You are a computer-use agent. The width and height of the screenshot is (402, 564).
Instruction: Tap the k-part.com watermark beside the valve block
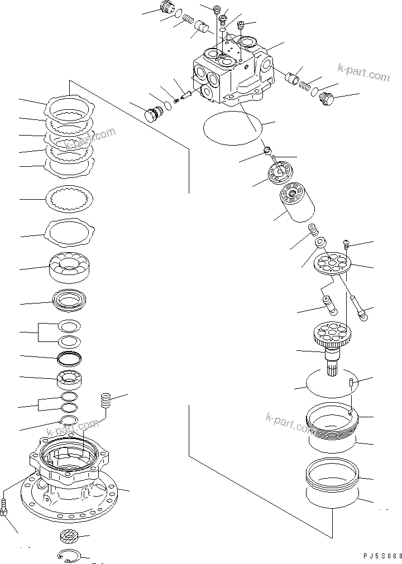point(363,73)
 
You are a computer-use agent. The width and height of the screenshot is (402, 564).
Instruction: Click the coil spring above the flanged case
point(106,399)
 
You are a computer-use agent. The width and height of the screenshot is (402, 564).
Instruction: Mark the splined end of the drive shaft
point(336,368)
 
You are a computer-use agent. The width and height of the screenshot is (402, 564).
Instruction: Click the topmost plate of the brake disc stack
point(70,105)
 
